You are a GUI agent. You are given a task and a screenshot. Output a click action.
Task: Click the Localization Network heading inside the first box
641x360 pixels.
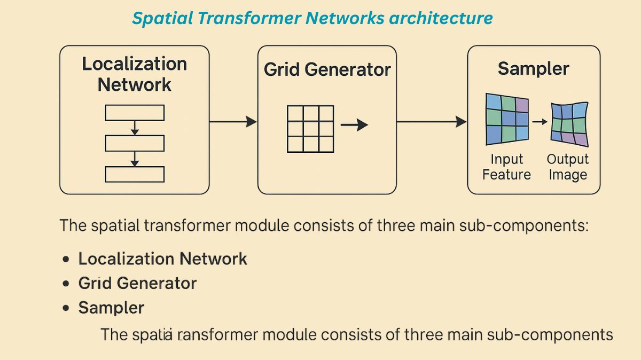(135, 74)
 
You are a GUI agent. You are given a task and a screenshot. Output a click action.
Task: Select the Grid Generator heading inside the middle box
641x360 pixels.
(327, 70)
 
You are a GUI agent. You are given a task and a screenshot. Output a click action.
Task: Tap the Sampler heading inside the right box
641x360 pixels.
(533, 68)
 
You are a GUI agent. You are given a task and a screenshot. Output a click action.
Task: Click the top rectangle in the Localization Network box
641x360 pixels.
(135, 113)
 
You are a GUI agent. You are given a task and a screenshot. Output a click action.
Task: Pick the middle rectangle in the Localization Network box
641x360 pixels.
(135, 143)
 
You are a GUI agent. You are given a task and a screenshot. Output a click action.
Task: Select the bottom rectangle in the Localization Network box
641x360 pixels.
(135, 174)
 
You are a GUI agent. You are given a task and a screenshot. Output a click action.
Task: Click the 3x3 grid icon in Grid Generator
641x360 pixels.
(310, 128)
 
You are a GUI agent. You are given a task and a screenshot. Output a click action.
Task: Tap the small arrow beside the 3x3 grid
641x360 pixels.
(354, 125)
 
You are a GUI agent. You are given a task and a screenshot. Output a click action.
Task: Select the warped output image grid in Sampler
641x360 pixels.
(569, 124)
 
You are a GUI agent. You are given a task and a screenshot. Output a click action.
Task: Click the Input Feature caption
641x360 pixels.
(506, 167)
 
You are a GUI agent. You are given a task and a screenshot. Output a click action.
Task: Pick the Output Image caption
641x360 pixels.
(567, 167)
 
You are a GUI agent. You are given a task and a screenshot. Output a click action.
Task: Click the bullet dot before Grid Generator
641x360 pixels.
(66, 284)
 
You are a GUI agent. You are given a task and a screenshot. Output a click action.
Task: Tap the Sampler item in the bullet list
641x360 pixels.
(111, 308)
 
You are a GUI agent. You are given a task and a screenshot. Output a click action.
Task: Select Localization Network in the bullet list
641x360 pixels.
(162, 259)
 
